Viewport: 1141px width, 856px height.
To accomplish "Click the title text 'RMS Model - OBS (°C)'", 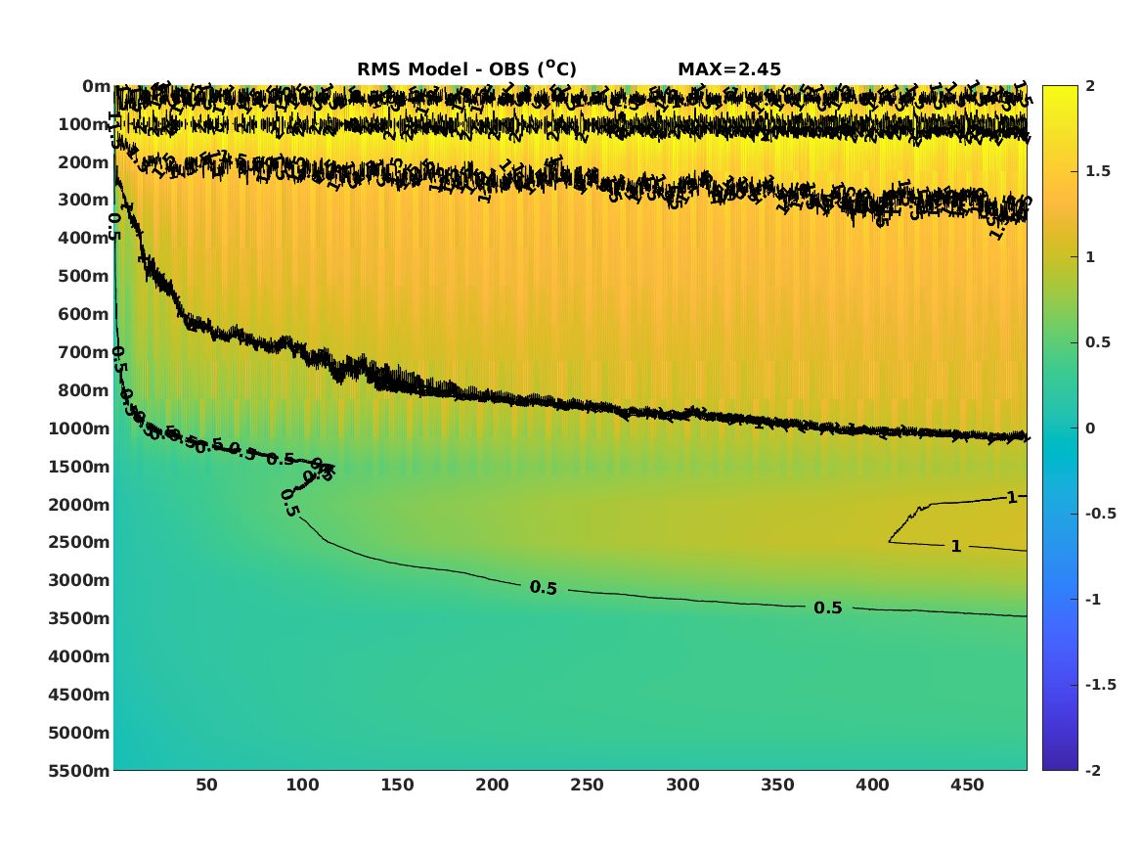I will (x=466, y=68).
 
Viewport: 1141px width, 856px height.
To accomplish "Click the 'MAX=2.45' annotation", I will (x=728, y=69).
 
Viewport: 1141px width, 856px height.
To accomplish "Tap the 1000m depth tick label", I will (x=79, y=428).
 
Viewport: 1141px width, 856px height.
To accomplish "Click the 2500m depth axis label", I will (x=79, y=542).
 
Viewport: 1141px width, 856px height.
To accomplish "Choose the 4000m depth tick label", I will (x=79, y=656).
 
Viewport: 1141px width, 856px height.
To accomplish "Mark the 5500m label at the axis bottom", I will (x=79, y=771).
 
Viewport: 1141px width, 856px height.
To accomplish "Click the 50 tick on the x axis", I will (x=206, y=785).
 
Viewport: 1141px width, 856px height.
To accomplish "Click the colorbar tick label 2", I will (x=1089, y=86).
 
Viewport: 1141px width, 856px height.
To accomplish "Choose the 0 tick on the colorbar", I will (x=1089, y=428).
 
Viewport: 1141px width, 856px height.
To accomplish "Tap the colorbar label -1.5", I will (x=1100, y=685).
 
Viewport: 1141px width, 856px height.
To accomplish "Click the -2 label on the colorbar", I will (x=1093, y=771).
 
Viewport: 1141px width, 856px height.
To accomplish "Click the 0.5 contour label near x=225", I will (x=543, y=587).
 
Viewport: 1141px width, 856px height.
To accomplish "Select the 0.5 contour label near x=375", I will (x=827, y=608).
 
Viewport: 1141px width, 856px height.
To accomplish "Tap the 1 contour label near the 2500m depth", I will (x=956, y=546).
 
